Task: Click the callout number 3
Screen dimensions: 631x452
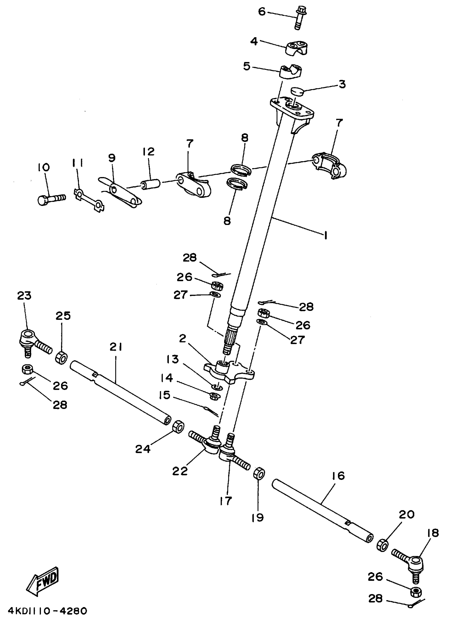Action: tap(342, 84)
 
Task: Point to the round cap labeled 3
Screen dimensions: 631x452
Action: tap(296, 91)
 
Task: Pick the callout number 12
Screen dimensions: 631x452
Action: tap(148, 152)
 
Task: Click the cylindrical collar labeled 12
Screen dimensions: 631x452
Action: tap(150, 184)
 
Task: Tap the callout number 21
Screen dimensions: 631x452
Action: tap(116, 347)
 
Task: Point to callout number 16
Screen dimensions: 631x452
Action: tap(338, 476)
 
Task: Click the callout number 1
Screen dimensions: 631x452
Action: tap(325, 235)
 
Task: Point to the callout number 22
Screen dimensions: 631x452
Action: tap(180, 471)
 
